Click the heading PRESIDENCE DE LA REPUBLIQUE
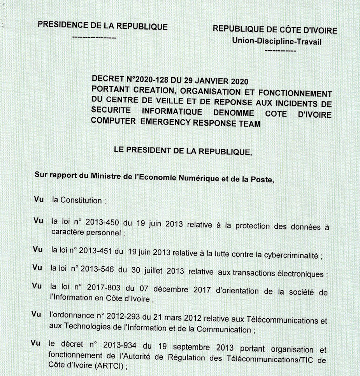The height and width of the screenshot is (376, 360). pyautogui.click(x=102, y=26)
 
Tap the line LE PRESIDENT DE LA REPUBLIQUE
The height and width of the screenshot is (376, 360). pyautogui.click(x=183, y=151)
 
